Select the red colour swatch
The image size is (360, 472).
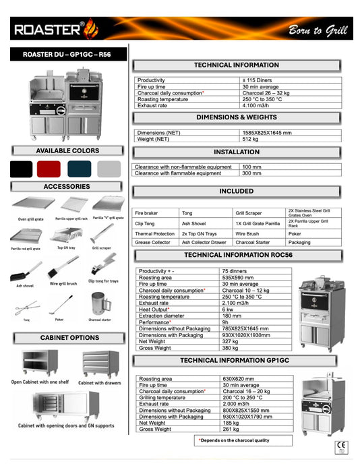point(49,168)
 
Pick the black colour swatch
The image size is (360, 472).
point(21,168)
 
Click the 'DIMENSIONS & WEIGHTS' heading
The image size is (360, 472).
point(236,117)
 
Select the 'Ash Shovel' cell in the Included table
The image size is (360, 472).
point(194,223)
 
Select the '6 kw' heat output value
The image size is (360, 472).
point(228,309)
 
